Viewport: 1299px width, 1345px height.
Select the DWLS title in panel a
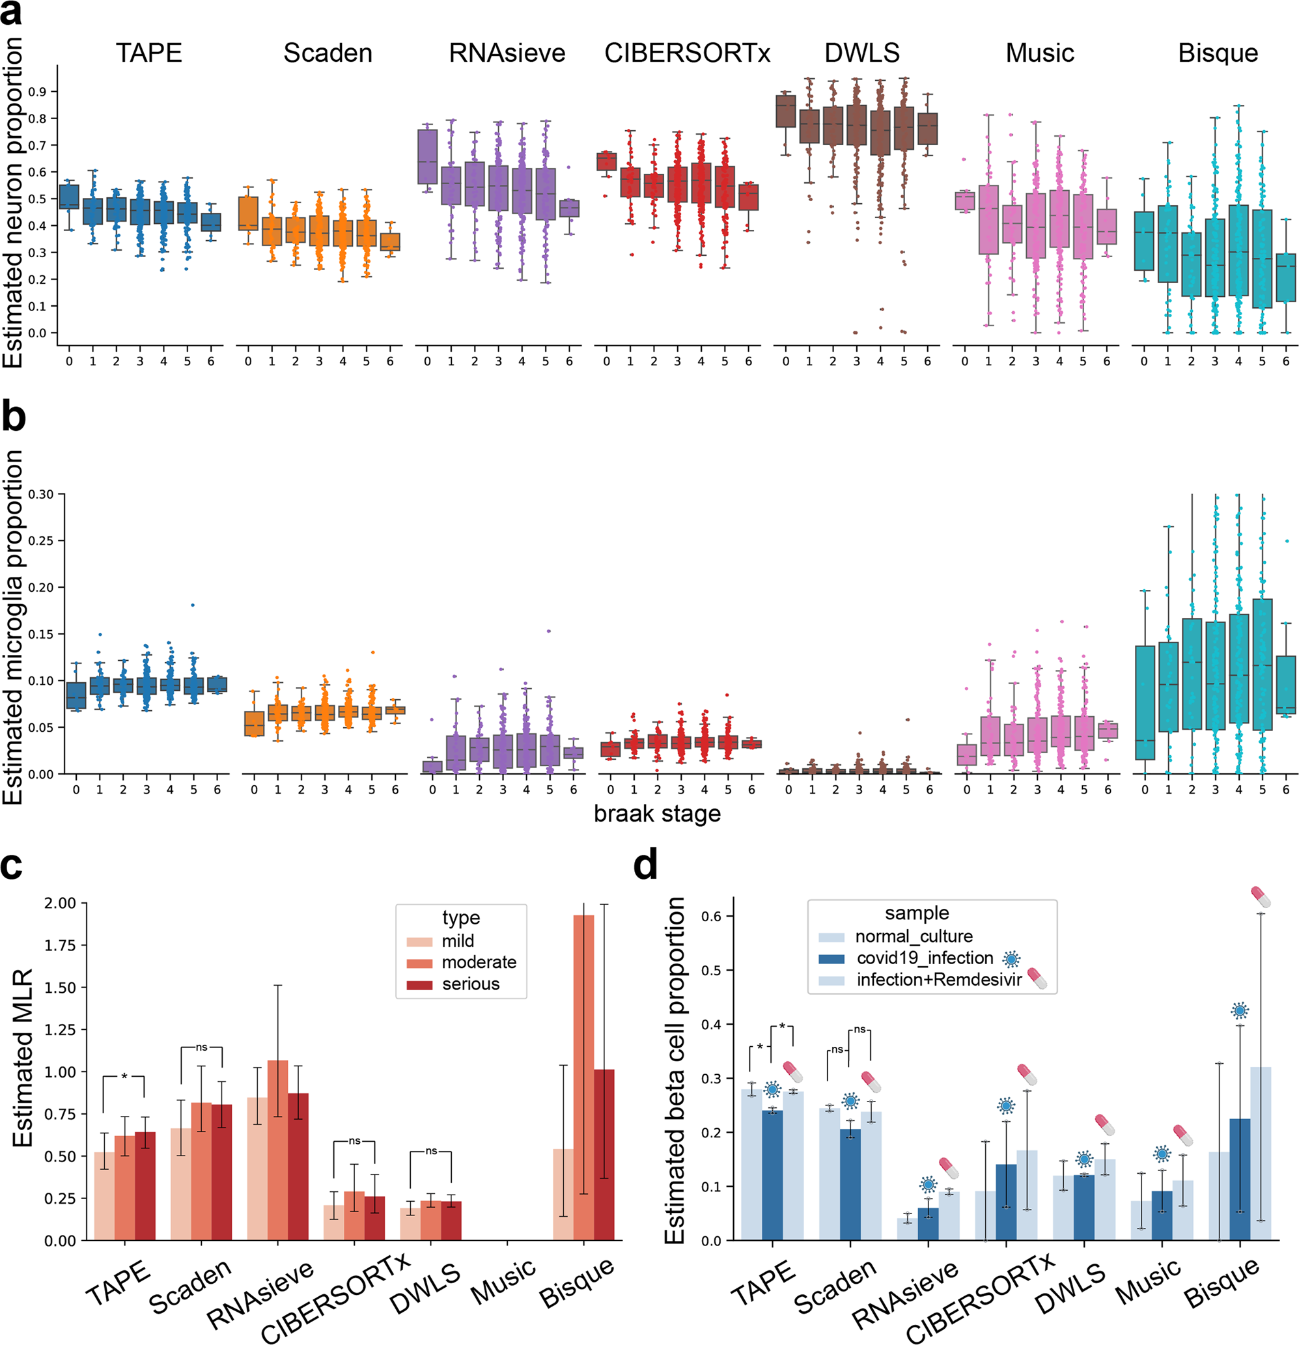coord(862,53)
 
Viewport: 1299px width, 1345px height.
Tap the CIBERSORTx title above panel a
coord(687,53)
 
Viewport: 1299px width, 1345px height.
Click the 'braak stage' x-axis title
coord(657,814)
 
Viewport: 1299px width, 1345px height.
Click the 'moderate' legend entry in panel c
coord(479,962)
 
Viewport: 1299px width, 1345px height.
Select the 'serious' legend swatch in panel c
coord(419,984)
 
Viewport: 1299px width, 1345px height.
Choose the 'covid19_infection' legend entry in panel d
coord(925,958)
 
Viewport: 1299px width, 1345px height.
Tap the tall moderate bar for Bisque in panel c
coord(583,1077)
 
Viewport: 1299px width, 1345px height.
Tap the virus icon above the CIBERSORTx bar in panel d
coord(1006,1105)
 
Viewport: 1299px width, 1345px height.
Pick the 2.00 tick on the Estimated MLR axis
coord(61,903)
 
